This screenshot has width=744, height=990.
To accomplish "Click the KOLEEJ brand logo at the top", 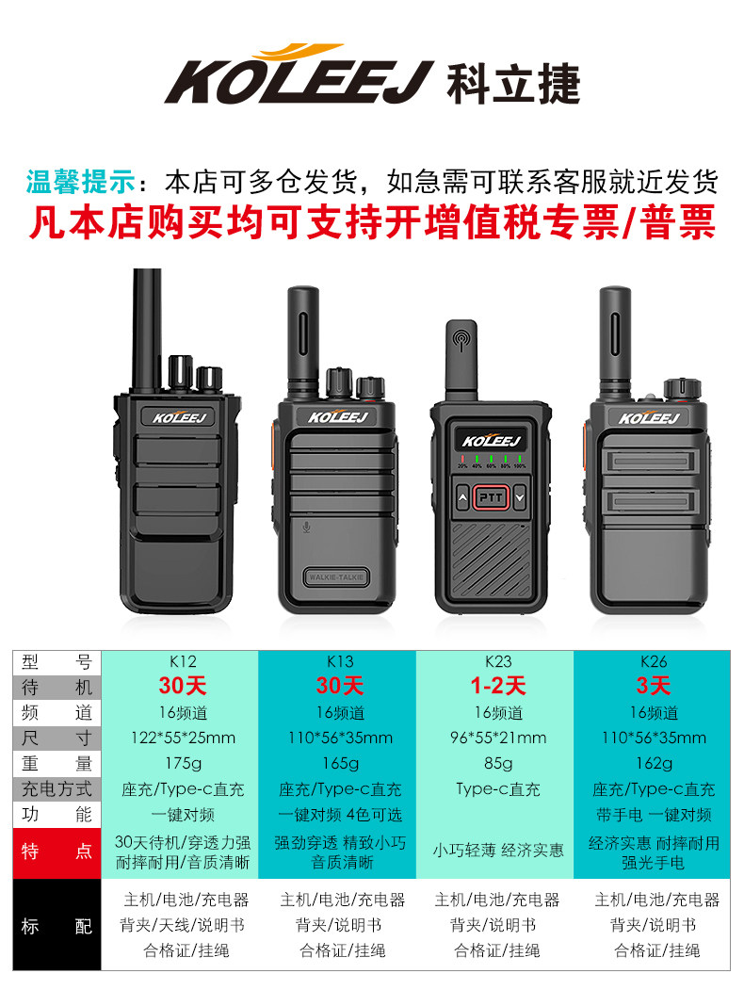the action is (372, 74).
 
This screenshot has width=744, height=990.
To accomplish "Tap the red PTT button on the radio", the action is (491, 497).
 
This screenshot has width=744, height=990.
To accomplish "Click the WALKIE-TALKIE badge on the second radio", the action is (336, 577).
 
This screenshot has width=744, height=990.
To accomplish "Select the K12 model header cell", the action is (183, 661).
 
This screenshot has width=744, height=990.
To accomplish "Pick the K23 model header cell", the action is (498, 661).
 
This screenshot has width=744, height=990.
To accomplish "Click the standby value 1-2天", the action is (498, 686).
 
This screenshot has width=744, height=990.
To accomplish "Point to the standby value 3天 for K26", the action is (654, 686).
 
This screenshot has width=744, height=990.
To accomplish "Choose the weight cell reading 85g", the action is (498, 763).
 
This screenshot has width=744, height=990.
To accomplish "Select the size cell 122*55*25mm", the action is (183, 738).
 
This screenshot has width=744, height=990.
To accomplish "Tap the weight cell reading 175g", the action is (183, 763).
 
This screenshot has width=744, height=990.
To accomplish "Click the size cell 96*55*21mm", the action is (498, 738).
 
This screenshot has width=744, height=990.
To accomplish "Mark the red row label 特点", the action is (57, 852).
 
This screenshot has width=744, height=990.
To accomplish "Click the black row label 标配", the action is (57, 926).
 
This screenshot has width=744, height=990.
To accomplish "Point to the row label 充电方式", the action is (57, 789).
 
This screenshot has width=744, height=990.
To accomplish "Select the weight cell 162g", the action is (654, 763).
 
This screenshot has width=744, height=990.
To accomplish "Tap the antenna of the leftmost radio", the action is (146, 329).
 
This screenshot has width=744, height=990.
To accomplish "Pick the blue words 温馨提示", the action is (81, 182).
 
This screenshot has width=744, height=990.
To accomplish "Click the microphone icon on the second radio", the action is (306, 527).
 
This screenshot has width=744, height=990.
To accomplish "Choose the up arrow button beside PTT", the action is (462, 498).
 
